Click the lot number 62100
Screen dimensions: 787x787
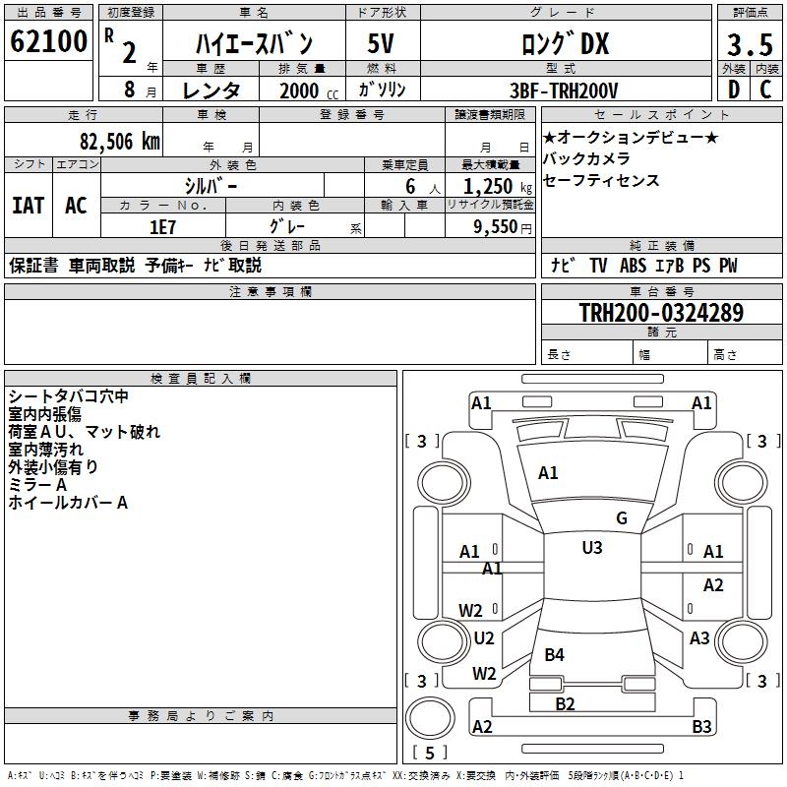48,42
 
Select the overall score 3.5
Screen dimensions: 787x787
748,45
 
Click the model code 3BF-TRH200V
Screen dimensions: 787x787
565,91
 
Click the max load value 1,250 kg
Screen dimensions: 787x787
488,186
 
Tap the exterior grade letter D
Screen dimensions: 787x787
733,91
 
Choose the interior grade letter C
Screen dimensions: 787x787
765,91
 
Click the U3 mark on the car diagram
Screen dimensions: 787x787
591,548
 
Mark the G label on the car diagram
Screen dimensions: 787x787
621,518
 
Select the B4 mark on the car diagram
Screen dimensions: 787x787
554,654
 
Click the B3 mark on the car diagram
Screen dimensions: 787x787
701,727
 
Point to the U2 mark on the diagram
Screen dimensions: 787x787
483,638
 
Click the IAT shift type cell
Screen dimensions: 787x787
29,206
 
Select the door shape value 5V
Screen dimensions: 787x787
382,44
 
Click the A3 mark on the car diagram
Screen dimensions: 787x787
699,638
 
